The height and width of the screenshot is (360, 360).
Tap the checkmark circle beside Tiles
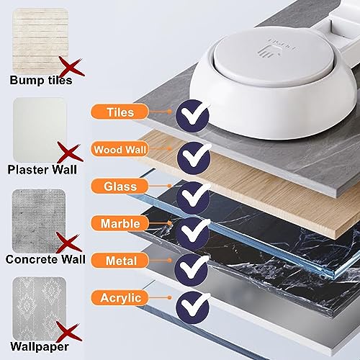click(193, 114)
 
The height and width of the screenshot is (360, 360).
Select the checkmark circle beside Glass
click(193, 194)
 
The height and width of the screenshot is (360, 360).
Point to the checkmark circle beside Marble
click(193, 230)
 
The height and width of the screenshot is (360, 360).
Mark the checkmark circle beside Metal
click(193, 266)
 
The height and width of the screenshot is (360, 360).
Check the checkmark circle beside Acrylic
click(193, 304)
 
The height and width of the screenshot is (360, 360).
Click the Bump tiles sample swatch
click(40, 35)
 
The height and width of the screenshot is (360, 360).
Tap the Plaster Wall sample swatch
click(40, 125)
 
